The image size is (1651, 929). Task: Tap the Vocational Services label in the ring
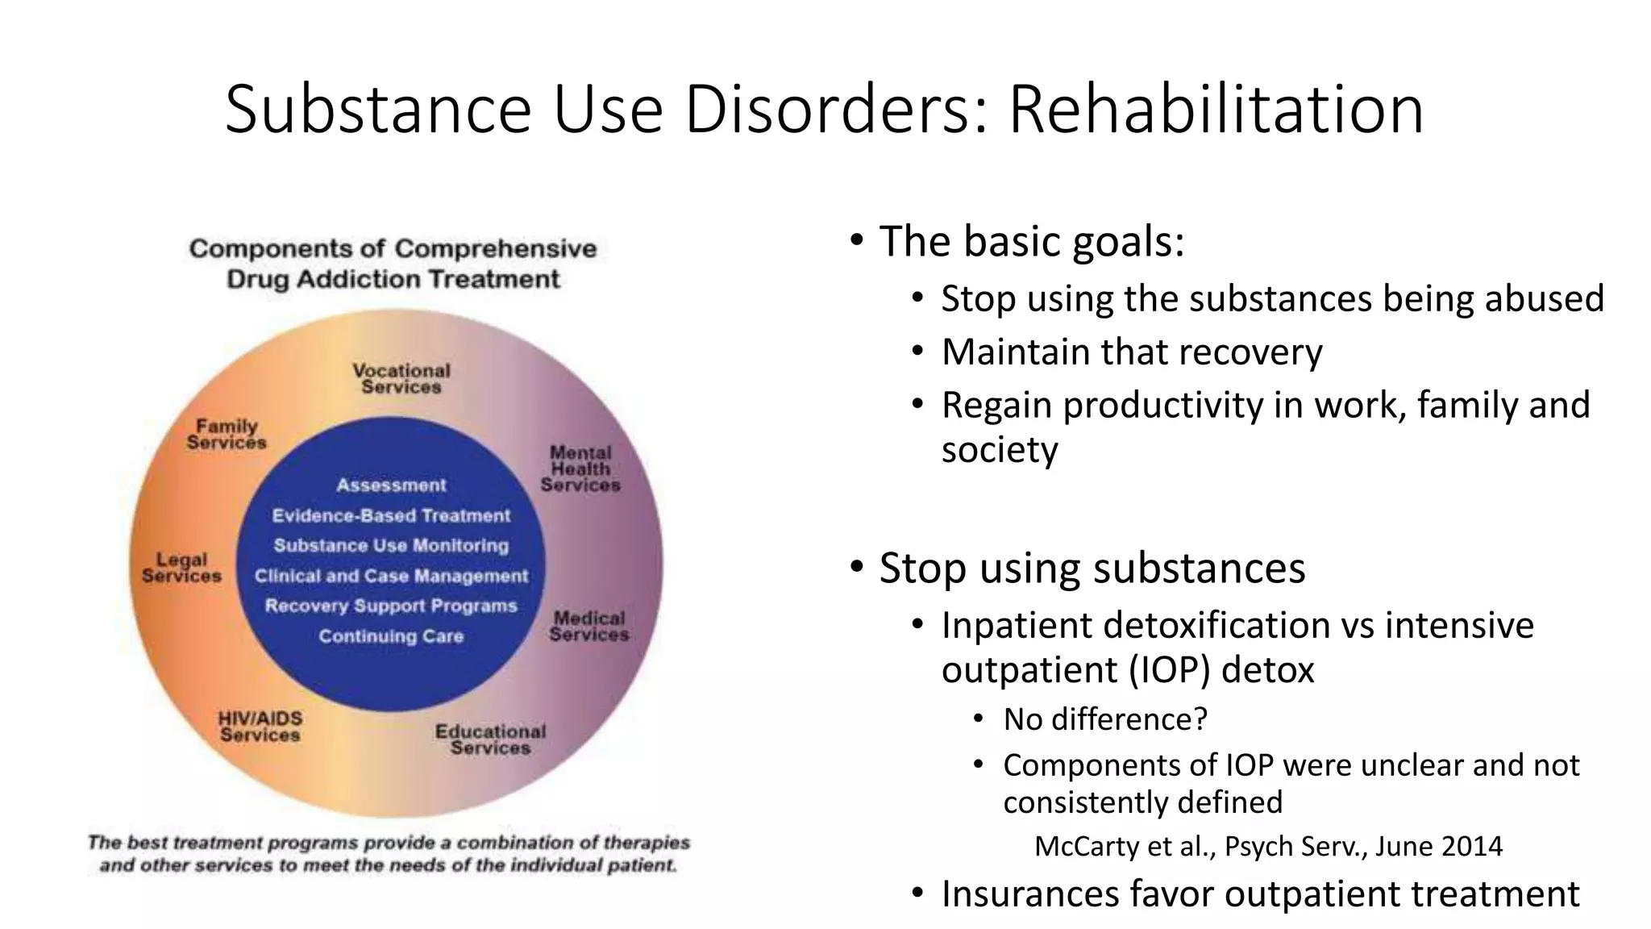point(401,378)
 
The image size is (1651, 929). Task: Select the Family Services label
point(227,434)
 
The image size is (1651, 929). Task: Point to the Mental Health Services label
point(580,469)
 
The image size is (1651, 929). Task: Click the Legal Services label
point(181,568)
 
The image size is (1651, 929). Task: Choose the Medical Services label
point(589,626)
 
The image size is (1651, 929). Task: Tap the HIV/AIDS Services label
point(260,726)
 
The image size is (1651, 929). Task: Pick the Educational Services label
point(490,739)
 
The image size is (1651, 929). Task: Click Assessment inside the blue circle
point(391,485)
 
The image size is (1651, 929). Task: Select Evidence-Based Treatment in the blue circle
point(391,515)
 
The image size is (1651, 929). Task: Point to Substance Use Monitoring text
point(391,545)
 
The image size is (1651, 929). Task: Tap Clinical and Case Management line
point(391,576)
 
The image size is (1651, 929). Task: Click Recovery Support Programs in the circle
point(391,606)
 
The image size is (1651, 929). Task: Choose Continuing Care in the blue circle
point(391,636)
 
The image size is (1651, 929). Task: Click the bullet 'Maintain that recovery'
point(1132,352)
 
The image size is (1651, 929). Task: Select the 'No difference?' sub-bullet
point(1105,719)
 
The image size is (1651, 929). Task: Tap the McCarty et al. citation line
point(1268,846)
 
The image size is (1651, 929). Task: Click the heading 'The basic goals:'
point(1032,240)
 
